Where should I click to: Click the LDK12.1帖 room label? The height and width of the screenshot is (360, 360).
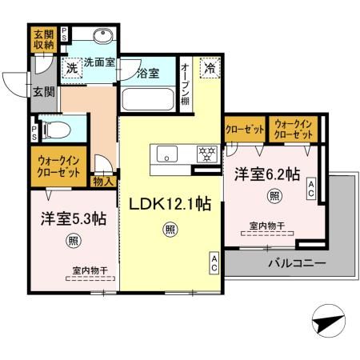[167, 204]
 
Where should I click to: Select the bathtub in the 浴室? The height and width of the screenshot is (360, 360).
[148, 101]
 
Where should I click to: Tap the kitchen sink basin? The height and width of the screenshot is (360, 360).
[169, 154]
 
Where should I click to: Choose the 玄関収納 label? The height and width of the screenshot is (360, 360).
[42, 40]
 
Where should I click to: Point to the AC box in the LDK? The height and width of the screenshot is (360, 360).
[214, 263]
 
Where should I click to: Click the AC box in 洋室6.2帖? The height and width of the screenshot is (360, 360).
[311, 189]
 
